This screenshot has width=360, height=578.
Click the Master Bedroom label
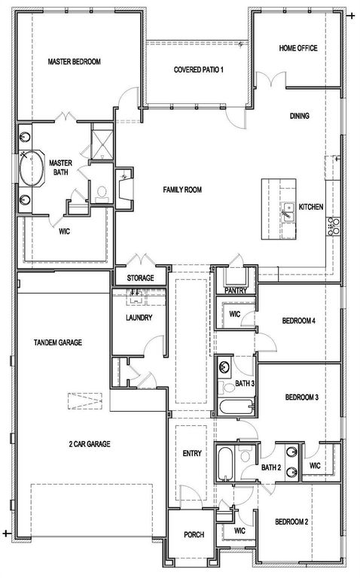[x=75, y=62]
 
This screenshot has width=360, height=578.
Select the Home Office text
[x=297, y=48]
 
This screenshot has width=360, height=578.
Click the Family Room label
[x=182, y=190]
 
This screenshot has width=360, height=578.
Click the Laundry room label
[x=139, y=318]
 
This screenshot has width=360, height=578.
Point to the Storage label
[x=140, y=278]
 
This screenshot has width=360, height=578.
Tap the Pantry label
[x=236, y=290]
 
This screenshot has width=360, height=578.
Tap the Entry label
[x=192, y=454]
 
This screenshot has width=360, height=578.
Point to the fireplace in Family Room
[x=123, y=184]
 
